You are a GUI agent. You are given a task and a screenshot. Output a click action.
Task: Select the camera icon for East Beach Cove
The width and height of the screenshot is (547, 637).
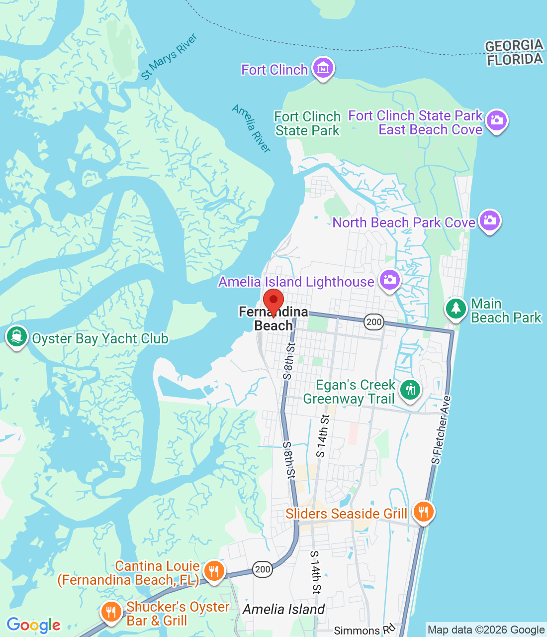pyautogui.click(x=496, y=120)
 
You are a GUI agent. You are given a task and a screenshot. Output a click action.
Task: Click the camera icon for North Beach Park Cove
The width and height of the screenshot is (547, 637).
pyautogui.click(x=489, y=220)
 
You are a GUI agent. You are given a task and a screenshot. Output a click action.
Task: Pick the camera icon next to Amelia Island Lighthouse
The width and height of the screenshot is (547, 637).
pyautogui.click(x=389, y=280)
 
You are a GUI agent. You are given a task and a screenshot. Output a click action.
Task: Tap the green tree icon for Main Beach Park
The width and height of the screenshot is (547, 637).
pyautogui.click(x=456, y=308)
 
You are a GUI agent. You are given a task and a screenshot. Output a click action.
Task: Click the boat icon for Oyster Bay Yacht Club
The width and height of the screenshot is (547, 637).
pyautogui.click(x=16, y=337)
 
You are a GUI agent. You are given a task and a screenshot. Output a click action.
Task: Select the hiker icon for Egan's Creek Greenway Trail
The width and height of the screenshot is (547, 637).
pyautogui.click(x=410, y=390)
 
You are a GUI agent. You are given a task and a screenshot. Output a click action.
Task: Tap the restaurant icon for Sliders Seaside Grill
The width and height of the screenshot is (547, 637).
pyautogui.click(x=423, y=511)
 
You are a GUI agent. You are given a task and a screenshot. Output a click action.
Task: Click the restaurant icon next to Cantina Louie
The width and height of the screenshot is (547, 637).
pyautogui.click(x=214, y=571)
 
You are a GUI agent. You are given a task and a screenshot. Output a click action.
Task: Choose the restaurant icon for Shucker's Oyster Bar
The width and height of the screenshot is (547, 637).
pyautogui.click(x=111, y=612)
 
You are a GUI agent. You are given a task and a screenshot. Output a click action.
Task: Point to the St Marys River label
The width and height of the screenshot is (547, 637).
pyautogui.click(x=169, y=57)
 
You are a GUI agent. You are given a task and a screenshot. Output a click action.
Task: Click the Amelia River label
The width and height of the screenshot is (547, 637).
pyautogui.click(x=252, y=128)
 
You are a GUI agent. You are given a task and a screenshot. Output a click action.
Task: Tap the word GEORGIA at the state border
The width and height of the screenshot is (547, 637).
pyautogui.click(x=514, y=46)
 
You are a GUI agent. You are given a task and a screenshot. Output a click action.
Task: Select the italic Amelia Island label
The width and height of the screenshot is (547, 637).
pyautogui.click(x=283, y=609)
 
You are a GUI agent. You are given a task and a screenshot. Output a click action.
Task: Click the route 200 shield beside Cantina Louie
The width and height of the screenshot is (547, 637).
pyautogui.click(x=262, y=569)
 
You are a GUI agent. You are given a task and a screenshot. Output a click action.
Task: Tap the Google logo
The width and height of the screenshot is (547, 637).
pyautogui.click(x=33, y=625)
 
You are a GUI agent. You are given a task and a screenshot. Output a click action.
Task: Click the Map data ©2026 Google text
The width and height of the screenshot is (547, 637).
pyautogui.click(x=486, y=630)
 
